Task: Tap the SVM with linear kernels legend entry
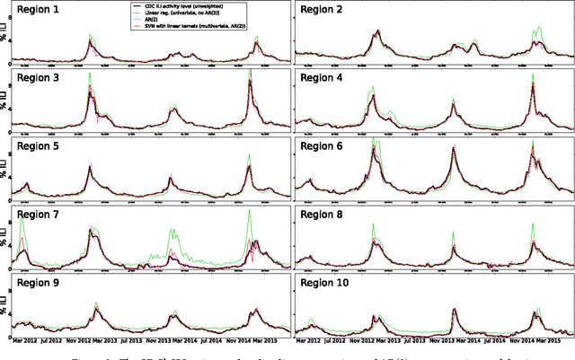pos(192,28)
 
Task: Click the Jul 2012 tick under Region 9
pos(73,339)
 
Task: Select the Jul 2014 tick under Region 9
pos(216,339)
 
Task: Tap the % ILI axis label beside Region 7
pos(5,243)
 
